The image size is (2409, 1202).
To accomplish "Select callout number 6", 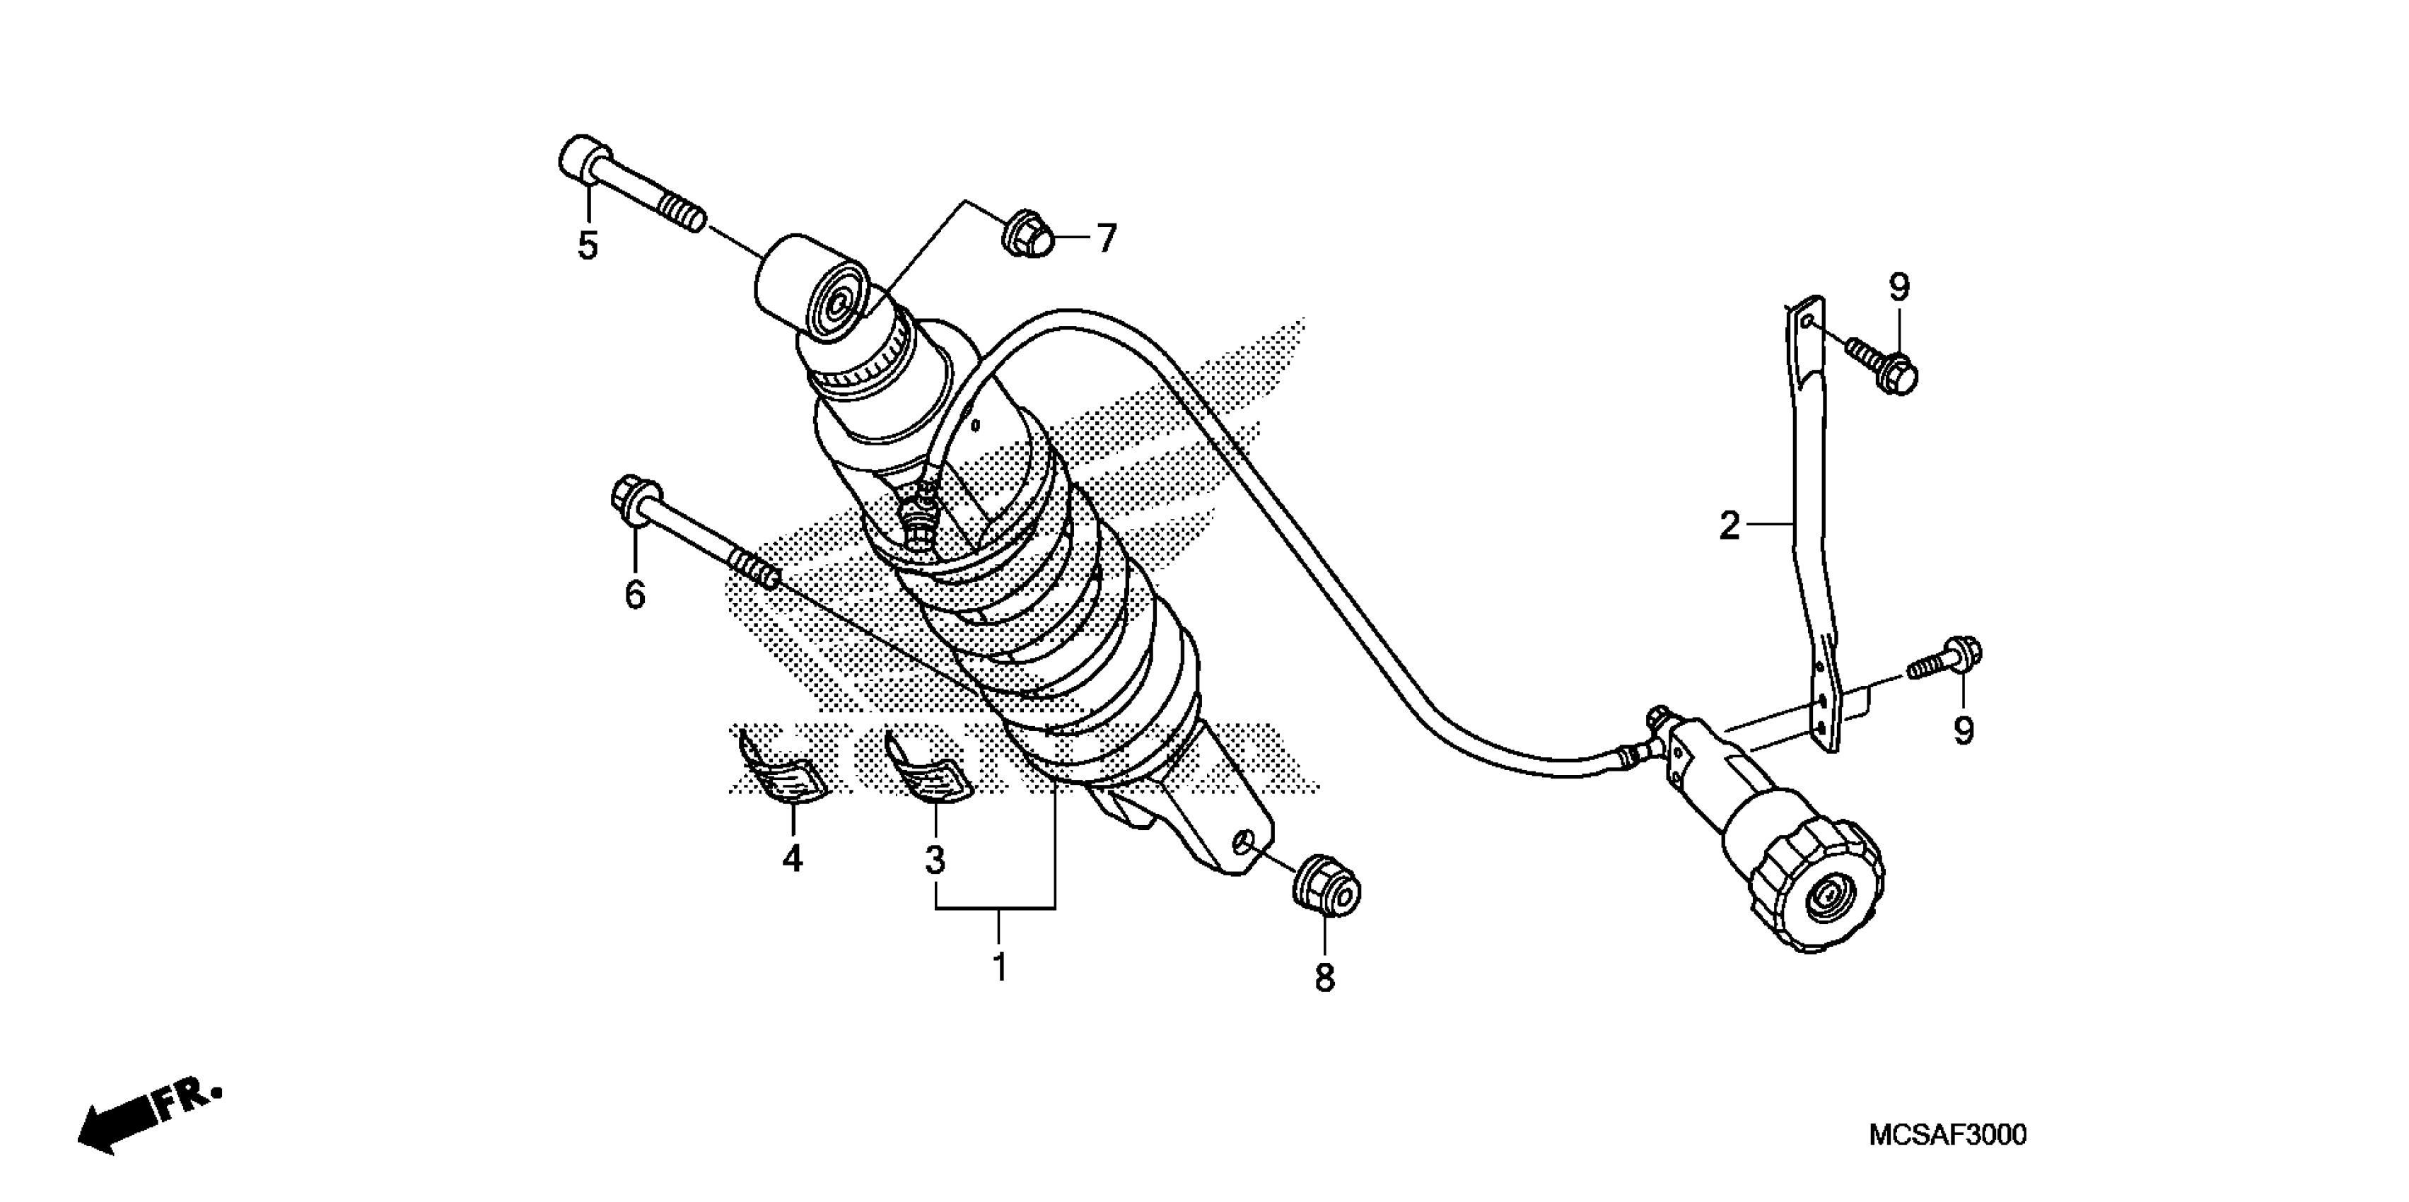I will (635, 594).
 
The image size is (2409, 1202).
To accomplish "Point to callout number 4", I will (792, 858).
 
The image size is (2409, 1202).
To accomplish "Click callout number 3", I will (935, 858).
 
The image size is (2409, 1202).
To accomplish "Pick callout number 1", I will (1000, 967).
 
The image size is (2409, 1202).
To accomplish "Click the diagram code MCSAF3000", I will (1947, 1136).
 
